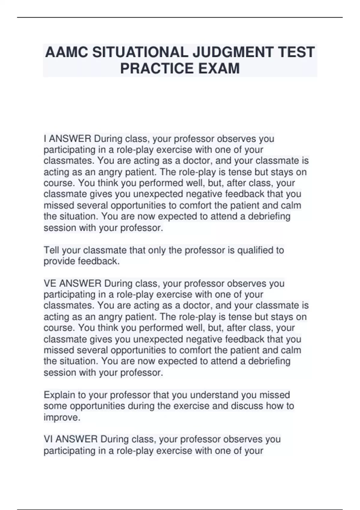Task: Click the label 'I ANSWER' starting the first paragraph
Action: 67,139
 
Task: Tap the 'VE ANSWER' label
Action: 72,283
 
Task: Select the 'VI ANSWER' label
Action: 70,439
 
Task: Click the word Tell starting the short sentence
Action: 51,250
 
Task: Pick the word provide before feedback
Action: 59,261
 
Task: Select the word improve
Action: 62,417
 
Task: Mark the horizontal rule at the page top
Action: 180,17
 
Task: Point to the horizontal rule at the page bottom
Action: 180,509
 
